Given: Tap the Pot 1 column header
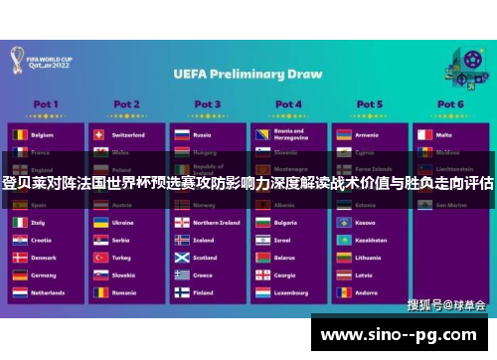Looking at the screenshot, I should click(x=46, y=104).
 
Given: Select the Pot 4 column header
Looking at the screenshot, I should click(x=288, y=104).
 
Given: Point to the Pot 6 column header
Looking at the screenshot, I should click(x=449, y=104).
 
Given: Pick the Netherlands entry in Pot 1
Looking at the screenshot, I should click(x=48, y=293).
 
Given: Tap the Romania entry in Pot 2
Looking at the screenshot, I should click(x=124, y=293).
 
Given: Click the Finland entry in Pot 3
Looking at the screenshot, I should click(x=203, y=293).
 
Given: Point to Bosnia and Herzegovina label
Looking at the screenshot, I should click(x=292, y=133).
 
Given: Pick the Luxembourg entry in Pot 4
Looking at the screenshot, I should click(x=291, y=293).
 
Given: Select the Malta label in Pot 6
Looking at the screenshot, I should click(x=443, y=134).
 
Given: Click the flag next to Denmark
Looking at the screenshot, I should click(x=19, y=258).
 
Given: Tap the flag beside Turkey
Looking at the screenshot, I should click(x=99, y=258).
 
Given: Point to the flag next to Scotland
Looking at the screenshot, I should click(x=181, y=258).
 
